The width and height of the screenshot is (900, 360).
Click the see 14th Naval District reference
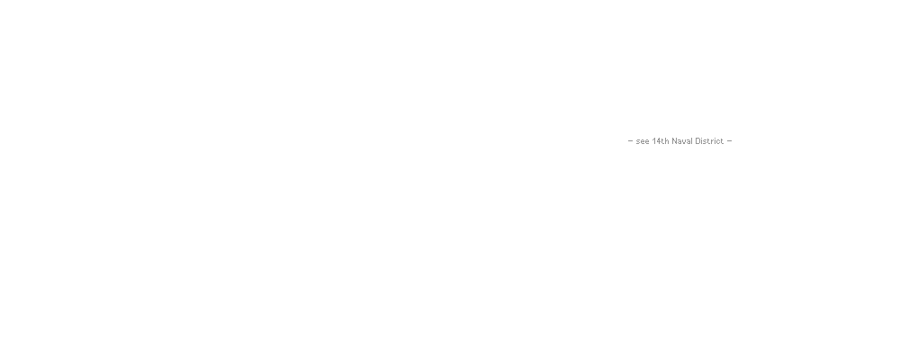(679, 140)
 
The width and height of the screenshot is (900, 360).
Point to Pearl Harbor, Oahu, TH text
(664, 131)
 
